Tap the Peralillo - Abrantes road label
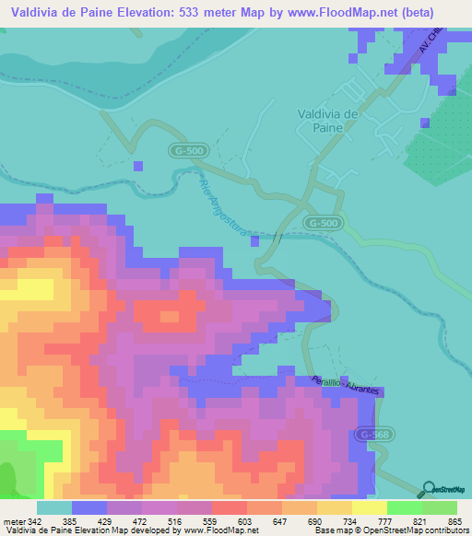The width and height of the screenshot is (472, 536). click(x=346, y=387)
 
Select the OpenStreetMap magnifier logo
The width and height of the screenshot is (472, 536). click(x=430, y=490)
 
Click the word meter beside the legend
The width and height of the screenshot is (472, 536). click(x=14, y=522)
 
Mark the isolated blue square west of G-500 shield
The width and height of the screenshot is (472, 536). click(x=138, y=166)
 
